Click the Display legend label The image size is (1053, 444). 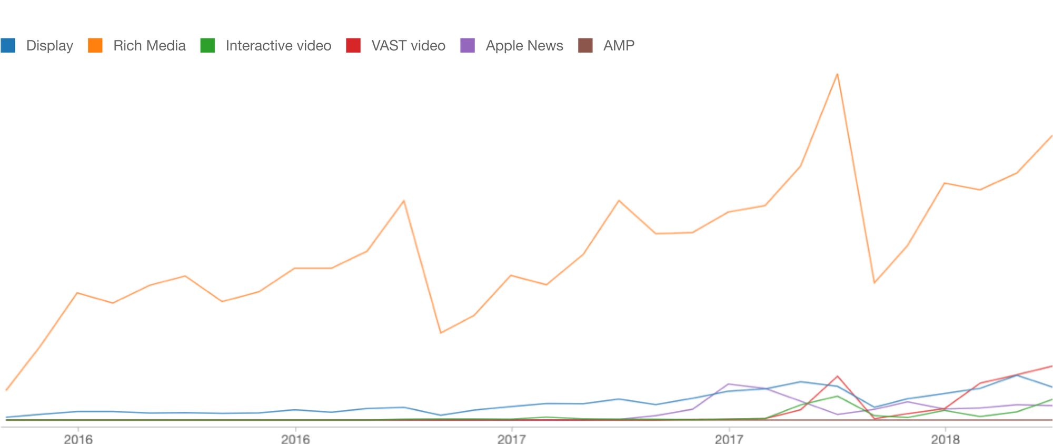pos(49,46)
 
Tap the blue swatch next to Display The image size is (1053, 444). pos(8,46)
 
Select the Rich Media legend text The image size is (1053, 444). pos(150,46)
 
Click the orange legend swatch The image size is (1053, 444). pos(95,46)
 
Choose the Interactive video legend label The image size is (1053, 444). pos(278,46)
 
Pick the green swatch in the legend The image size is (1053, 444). pos(208,46)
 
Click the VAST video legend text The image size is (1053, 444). pos(408,46)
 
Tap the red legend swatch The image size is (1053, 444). pos(353,46)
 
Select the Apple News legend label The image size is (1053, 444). pos(524,46)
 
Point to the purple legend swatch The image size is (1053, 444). pos(468,46)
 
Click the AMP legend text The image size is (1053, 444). pos(619,46)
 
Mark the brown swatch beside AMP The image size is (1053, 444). pos(585,46)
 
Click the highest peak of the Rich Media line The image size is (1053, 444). pos(837,74)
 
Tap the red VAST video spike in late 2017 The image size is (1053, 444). pos(837,377)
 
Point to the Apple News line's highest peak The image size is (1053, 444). pos(728,384)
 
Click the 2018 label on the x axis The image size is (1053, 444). pos(946,438)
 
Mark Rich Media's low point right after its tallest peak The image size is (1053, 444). pos(874,283)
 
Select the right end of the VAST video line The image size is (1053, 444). pos(1051,366)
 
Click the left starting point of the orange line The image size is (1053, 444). pos(6,390)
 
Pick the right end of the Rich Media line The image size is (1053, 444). pos(1051,136)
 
